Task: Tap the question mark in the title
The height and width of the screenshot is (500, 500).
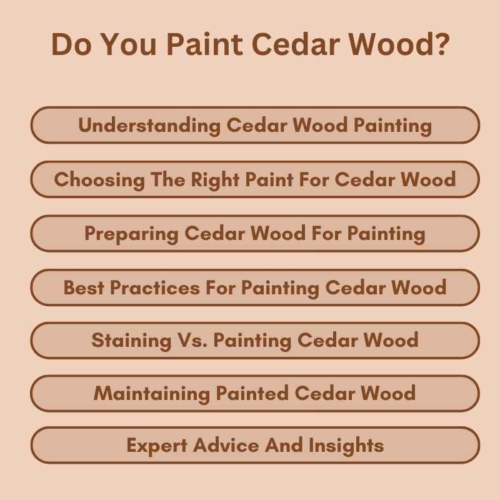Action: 441,46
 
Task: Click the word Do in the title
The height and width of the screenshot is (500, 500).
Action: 71,46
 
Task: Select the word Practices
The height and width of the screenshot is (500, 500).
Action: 156,287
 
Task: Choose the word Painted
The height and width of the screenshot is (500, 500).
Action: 252,394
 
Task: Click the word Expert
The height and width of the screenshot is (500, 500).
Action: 156,446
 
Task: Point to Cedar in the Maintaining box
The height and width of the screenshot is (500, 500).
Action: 325,394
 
